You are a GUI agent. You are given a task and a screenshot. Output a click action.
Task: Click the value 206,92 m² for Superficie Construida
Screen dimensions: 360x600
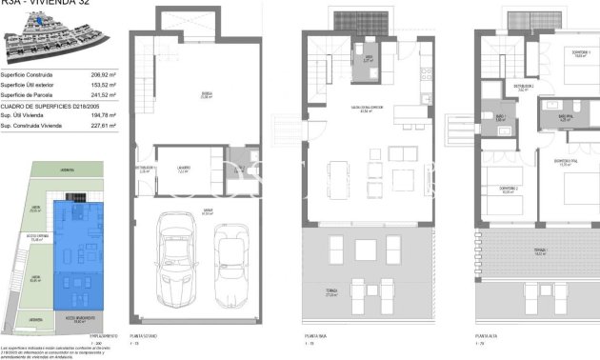102,73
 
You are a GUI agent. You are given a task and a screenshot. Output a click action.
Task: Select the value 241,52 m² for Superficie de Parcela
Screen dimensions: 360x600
102,94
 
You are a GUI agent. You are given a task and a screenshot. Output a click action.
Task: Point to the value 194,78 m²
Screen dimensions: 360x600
102,115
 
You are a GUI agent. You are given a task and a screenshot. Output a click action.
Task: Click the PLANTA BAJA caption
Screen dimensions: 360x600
316,337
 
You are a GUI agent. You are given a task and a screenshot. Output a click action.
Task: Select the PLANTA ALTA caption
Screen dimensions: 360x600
486,337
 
